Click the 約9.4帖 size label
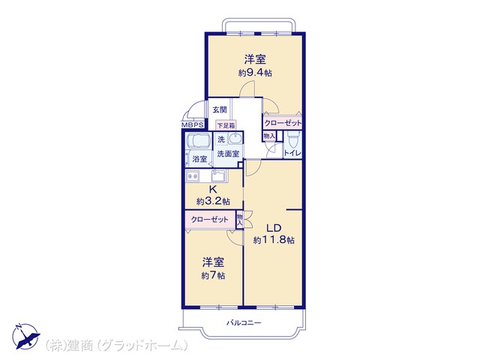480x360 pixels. coord(255,73)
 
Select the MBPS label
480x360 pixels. coord(193,126)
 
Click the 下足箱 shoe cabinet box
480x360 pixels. coord(226,126)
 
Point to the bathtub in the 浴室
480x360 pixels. coord(199,143)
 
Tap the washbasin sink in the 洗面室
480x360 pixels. coord(235,139)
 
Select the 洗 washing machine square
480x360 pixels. coord(221,139)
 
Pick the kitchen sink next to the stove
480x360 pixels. coord(219,176)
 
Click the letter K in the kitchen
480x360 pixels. coord(213,189)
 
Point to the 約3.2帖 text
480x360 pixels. coord(213,201)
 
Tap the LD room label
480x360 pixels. coord(273,226)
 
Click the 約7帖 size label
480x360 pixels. coord(213,275)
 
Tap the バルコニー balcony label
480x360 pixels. coord(244,322)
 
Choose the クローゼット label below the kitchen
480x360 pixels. coord(208,219)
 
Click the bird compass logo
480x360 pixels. coord(23,334)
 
